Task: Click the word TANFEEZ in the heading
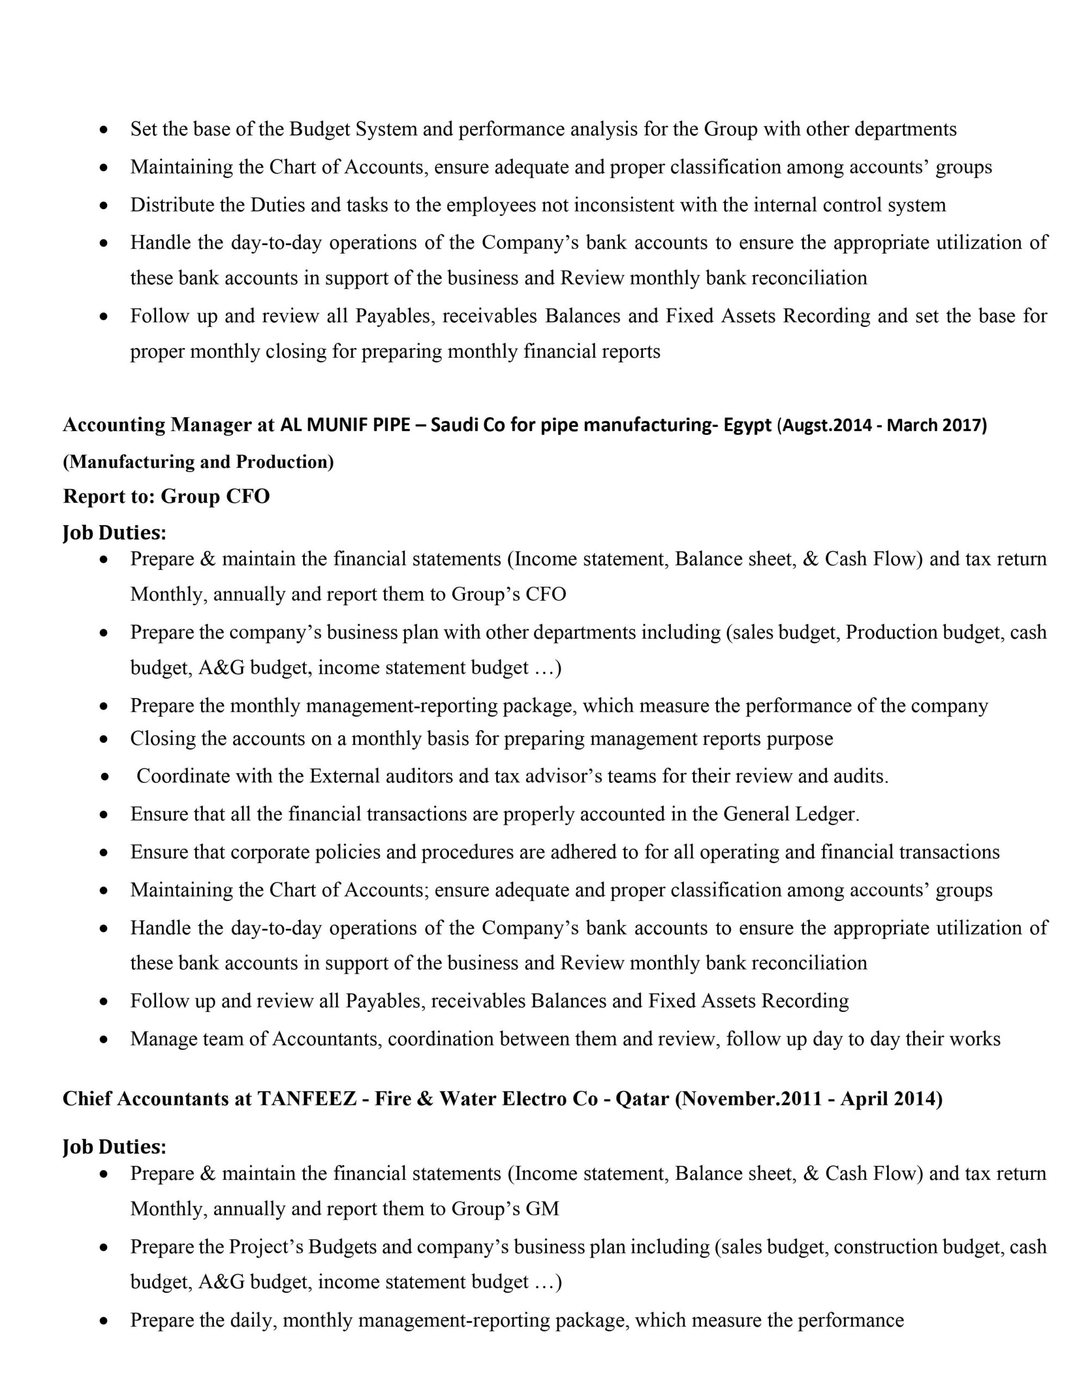[x=307, y=1099]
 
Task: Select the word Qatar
[x=642, y=1099]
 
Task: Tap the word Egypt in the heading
[x=747, y=425]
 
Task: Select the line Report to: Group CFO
[x=166, y=496]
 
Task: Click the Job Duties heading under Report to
[x=115, y=532]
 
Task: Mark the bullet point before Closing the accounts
[x=104, y=739]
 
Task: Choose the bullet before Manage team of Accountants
[x=104, y=1040]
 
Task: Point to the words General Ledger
[x=791, y=814]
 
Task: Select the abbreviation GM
[x=542, y=1208]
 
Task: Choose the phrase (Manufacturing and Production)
[x=198, y=462]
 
